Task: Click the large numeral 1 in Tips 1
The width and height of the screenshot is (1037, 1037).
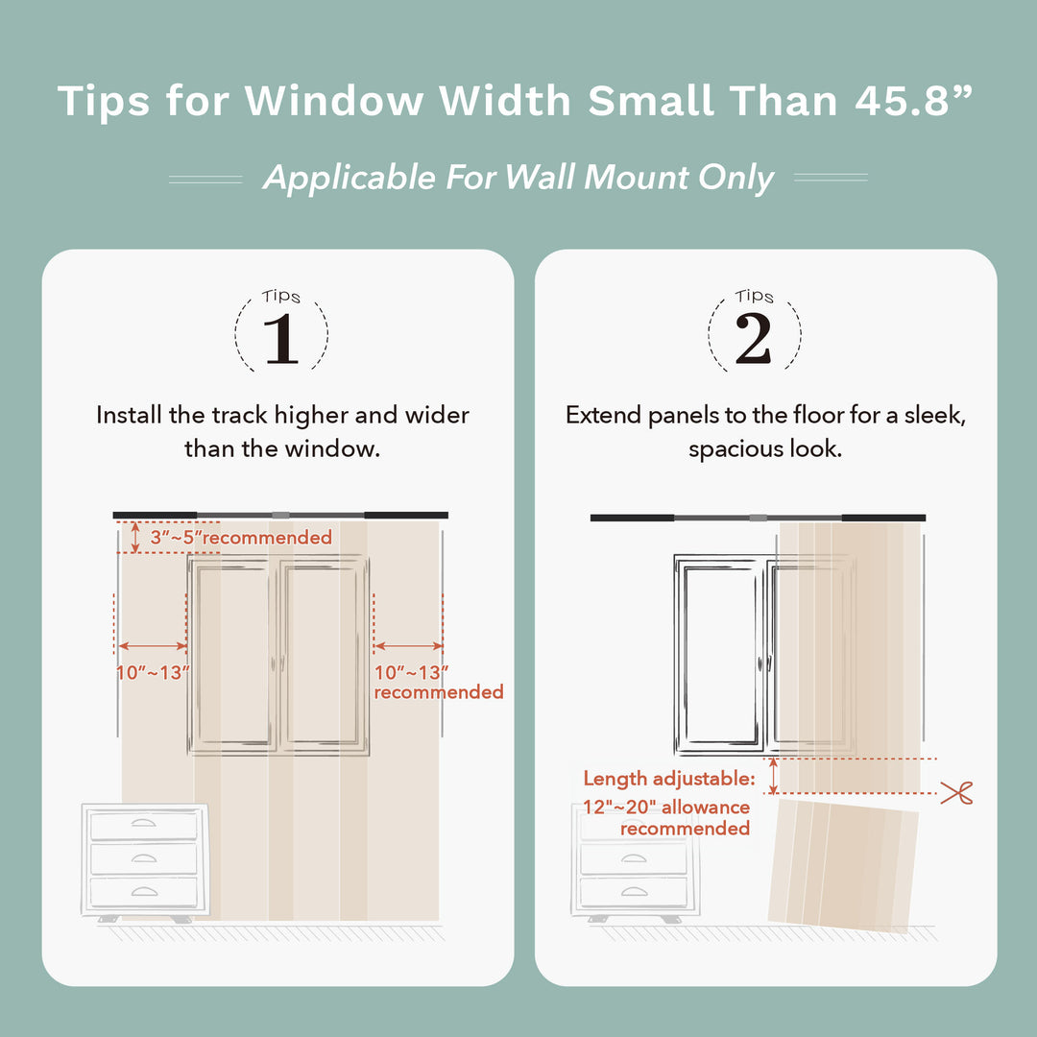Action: point(281,339)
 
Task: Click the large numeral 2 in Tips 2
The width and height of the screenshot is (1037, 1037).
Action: point(754,339)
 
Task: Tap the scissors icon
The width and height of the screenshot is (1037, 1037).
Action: point(956,793)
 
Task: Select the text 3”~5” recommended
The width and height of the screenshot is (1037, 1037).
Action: point(240,538)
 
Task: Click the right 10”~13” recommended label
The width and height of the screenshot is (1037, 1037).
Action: point(437,682)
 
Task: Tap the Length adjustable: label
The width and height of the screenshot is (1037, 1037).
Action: point(669,779)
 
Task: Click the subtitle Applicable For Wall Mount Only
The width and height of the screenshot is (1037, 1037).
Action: point(518,178)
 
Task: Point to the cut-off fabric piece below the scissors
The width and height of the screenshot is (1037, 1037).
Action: point(843,864)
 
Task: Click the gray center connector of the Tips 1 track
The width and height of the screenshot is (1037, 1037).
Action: point(280,516)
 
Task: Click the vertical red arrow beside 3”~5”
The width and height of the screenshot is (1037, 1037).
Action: point(134,538)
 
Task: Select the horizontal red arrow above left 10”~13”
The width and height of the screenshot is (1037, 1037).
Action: point(152,647)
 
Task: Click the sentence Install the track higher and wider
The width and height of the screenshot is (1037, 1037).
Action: point(282,416)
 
